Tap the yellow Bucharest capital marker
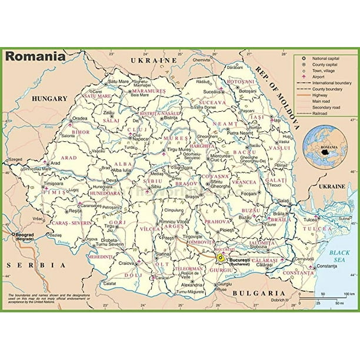(220, 257)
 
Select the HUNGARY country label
(50, 99)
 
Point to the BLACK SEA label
(340, 256)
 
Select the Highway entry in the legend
(324, 95)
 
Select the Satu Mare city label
(119, 81)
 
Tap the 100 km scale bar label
(348, 294)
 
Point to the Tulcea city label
(310, 220)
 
